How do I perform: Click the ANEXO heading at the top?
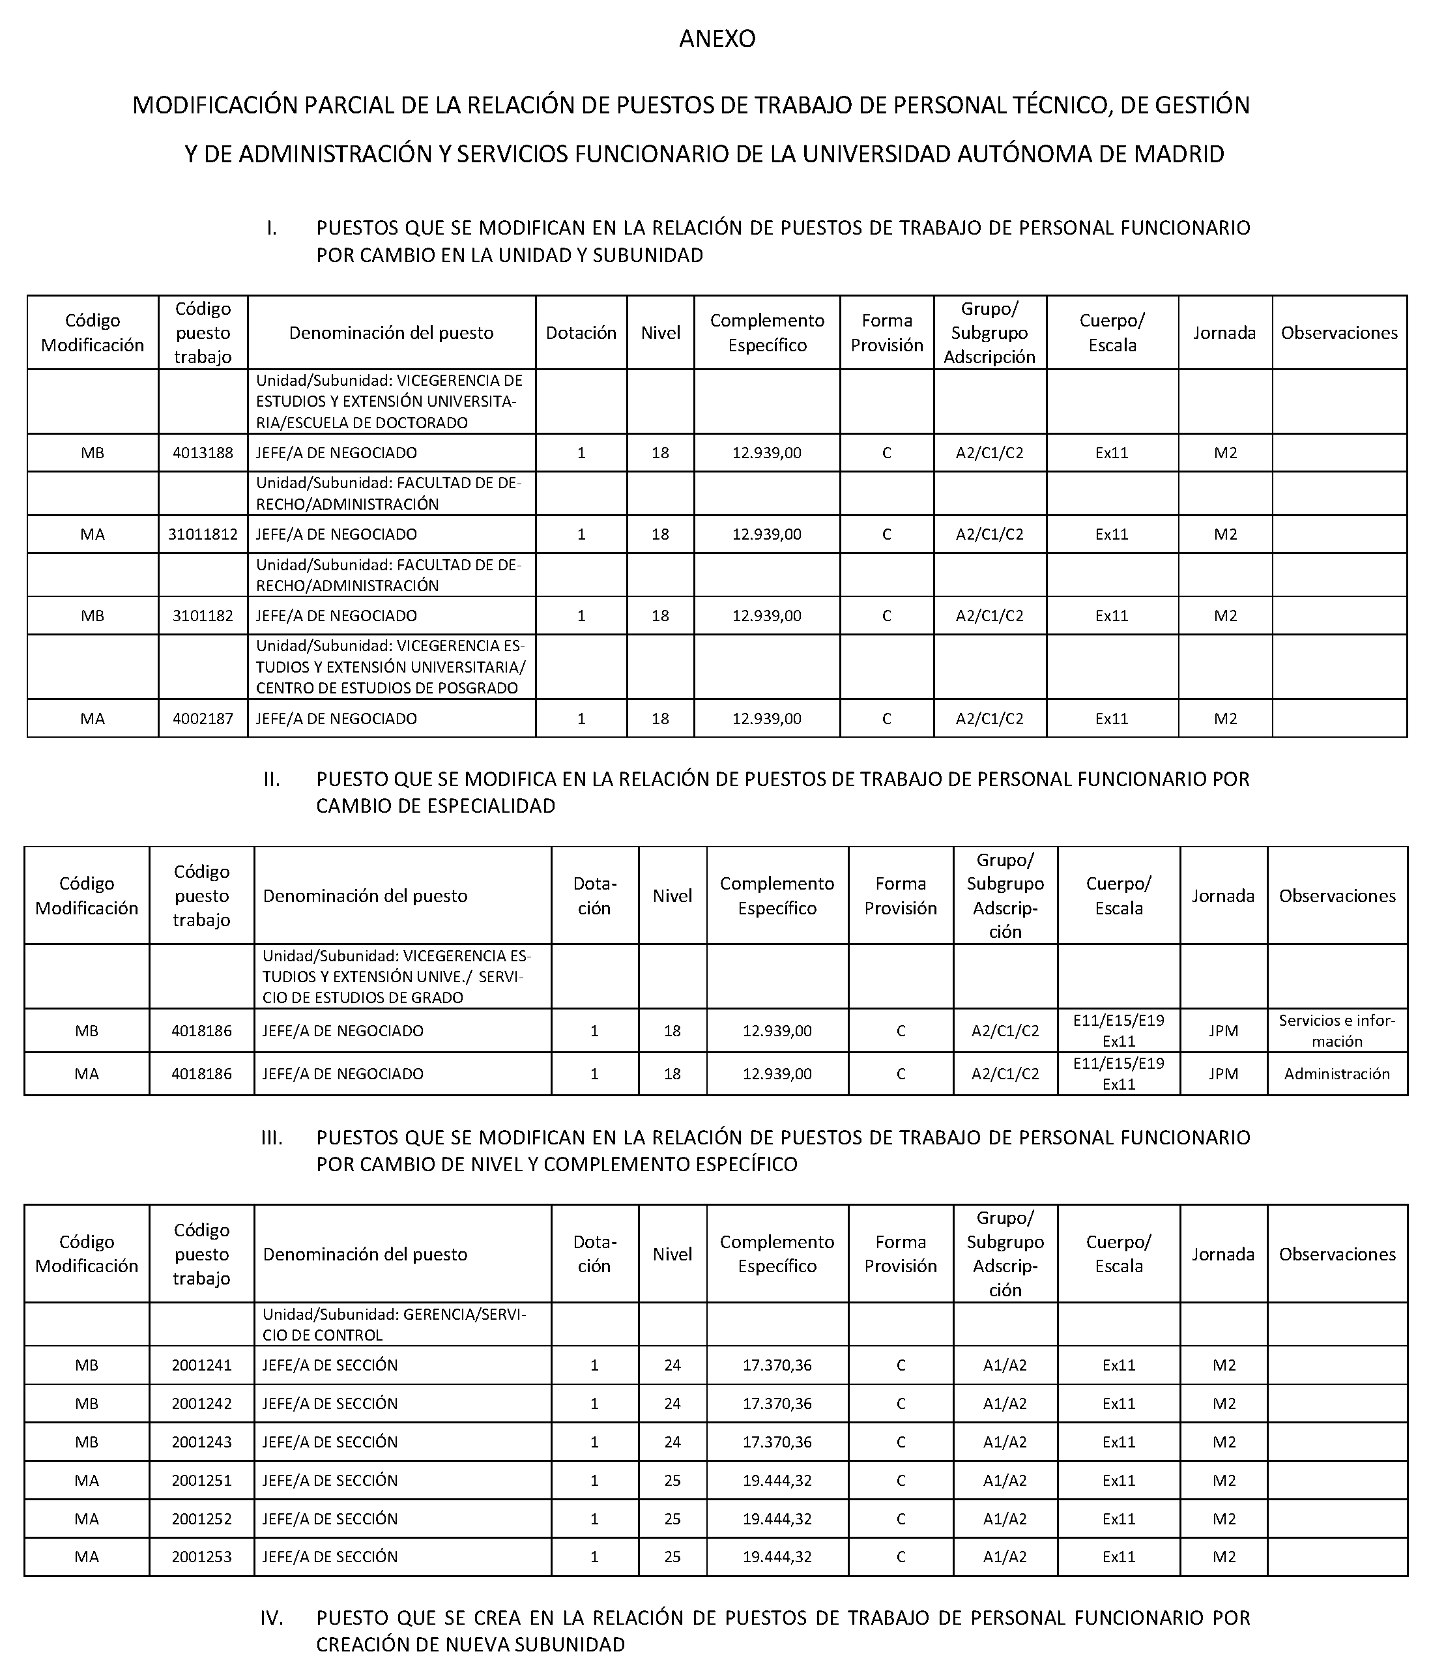717,38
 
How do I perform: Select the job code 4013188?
203,453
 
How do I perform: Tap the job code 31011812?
203,534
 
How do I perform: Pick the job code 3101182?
203,616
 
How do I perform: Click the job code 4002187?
203,719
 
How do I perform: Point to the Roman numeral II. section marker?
272,780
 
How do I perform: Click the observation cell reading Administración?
1337,1073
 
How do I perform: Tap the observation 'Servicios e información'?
1337,1030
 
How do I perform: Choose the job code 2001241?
201,1365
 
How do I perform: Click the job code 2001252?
201,1518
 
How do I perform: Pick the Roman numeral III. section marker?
272,1138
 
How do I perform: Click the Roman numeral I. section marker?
272,228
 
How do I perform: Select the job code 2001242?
201,1403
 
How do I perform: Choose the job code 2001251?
201,1481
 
